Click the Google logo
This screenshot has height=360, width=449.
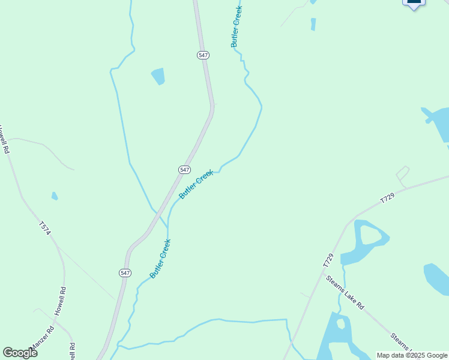pos(20,353)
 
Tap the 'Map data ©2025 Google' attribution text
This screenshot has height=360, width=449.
pos(412,355)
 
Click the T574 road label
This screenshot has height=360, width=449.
pos(45,229)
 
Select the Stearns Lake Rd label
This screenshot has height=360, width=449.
pos(345,292)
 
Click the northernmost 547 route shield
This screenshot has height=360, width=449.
pos(203,55)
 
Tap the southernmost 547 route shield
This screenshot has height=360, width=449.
pos(125,272)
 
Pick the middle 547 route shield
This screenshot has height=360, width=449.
pos(185,170)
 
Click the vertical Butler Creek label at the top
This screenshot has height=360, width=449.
pos(237,26)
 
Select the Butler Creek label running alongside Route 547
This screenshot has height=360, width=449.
pos(196,184)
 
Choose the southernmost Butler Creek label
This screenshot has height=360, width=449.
pos(161,259)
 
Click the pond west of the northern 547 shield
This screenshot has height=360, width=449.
pos(158,76)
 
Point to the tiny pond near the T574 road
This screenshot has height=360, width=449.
pos(55,196)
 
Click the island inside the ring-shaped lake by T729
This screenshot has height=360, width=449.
pos(370,235)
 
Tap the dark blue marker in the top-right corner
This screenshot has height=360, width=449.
pos(414,3)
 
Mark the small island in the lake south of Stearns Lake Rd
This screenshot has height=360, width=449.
pos(341,323)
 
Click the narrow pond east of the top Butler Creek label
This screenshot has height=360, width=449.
pos(313,24)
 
